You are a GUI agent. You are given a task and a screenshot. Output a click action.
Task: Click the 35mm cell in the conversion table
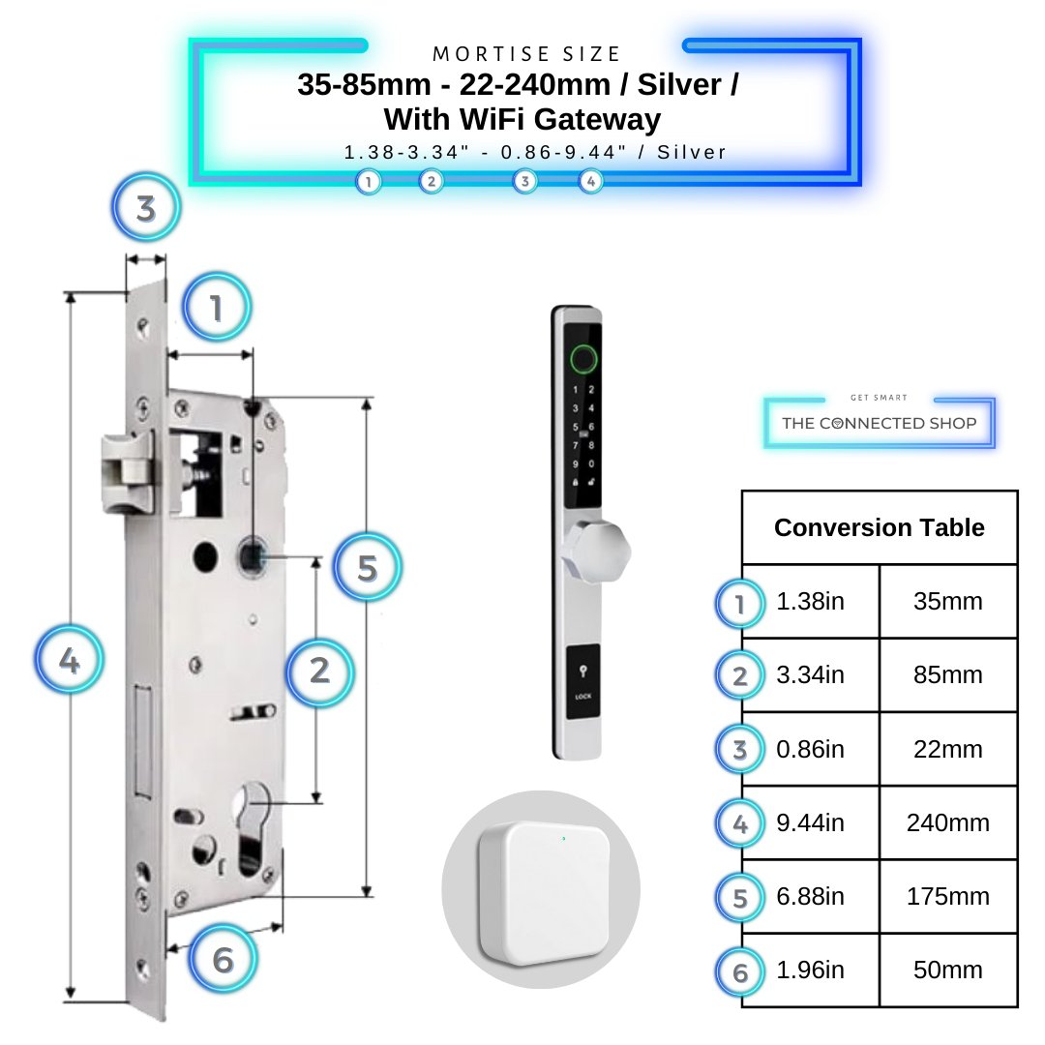point(947,602)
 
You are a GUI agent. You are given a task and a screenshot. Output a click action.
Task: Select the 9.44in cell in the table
point(810,823)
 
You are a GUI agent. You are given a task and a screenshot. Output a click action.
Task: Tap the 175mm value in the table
point(947,897)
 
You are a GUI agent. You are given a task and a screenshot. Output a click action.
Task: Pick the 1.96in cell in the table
point(810,970)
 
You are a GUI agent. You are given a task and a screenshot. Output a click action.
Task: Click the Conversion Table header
point(879,527)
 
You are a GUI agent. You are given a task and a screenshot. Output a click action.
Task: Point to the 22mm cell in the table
point(947,750)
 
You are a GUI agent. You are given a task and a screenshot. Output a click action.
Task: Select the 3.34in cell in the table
point(810,675)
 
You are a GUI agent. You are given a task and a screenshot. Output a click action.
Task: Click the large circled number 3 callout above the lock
point(146,209)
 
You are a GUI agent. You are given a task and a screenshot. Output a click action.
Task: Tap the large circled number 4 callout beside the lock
point(69,662)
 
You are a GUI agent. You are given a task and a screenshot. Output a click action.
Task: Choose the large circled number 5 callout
point(367,568)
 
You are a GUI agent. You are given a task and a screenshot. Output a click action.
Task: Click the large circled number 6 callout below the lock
point(224,960)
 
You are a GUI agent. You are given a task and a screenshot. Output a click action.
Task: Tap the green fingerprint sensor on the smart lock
point(582,359)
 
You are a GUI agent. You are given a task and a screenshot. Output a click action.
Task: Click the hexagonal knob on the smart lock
point(599,550)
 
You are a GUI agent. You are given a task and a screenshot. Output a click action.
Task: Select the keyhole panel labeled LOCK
point(582,683)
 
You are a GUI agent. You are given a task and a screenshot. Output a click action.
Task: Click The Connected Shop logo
point(879,423)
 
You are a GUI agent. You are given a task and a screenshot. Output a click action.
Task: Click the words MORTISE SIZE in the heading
point(526,54)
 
